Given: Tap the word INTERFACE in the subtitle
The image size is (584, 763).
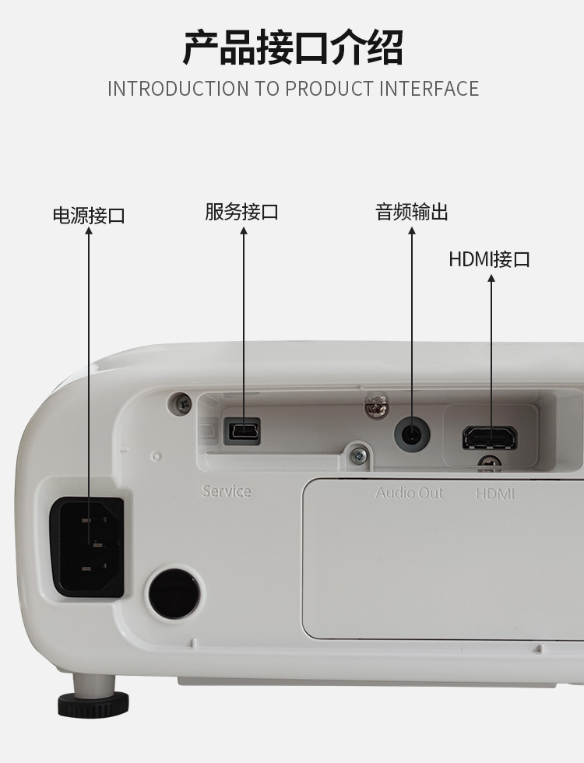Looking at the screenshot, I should [429, 89].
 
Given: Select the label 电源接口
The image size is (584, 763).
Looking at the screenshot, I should [89, 216].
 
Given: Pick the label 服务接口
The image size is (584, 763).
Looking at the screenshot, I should [242, 212].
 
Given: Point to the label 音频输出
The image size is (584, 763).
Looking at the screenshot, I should [412, 212].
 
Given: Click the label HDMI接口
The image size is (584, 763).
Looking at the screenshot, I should [490, 258].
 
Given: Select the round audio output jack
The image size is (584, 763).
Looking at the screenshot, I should [412, 434].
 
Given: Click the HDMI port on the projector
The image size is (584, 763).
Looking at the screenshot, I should [490, 438].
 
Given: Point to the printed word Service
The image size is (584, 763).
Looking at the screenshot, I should [227, 491].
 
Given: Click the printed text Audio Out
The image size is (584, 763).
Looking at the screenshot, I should [410, 493].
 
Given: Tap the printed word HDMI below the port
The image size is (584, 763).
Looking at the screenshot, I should [495, 494].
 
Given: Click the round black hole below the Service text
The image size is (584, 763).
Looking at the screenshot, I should [173, 592].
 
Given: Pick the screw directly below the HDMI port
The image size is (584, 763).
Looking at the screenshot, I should [489, 463].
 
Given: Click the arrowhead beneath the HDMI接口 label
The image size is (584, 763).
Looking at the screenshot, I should [491, 278].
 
